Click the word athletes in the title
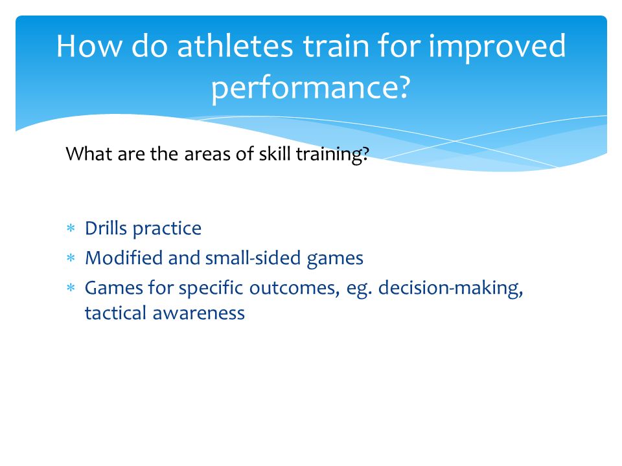tap(235, 46)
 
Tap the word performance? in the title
tap(310, 87)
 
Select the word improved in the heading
tap(498, 47)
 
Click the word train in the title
tap(335, 46)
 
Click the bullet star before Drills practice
tap(71, 228)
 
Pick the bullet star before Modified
tap(71, 258)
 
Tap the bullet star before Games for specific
tap(71, 287)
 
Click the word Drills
tap(106, 228)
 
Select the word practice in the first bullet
tap(167, 229)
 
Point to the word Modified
tap(124, 258)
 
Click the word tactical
tap(116, 313)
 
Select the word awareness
tap(199, 313)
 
